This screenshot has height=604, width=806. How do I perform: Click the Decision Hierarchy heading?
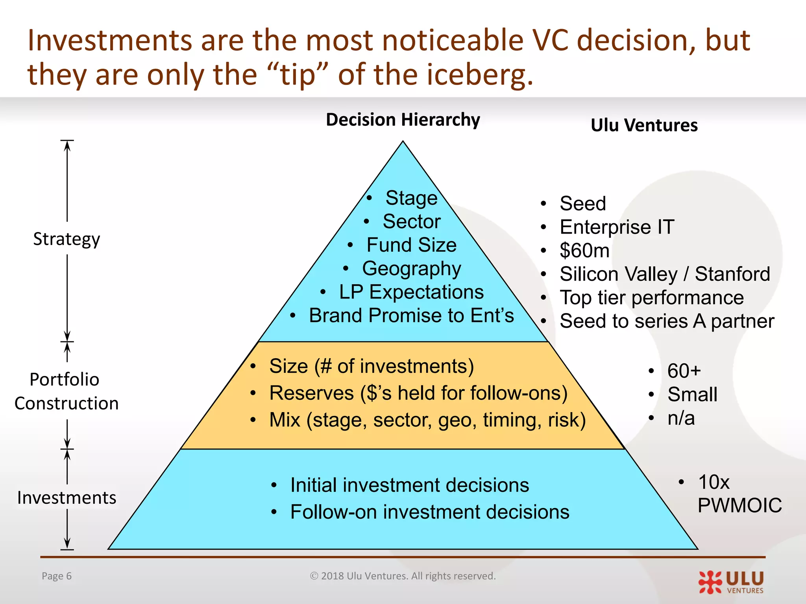point(403,120)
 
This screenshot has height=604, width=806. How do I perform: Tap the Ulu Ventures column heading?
point(644,125)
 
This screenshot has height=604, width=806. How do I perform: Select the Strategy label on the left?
point(67,239)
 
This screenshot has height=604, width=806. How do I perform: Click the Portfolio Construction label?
point(66,391)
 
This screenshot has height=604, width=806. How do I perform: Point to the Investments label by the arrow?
point(67,498)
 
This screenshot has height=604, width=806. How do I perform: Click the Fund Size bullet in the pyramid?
point(411,245)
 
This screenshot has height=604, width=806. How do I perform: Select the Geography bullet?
point(411,269)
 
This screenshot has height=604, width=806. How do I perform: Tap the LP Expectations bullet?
point(411,292)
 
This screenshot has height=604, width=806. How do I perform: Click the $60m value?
point(584,250)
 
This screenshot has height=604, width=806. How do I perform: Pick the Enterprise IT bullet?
point(617,227)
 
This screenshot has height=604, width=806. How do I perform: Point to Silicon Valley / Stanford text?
point(664,274)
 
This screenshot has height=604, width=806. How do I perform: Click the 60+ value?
point(684,371)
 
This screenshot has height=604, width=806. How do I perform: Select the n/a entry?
point(681,418)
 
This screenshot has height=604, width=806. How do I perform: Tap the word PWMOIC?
point(739,505)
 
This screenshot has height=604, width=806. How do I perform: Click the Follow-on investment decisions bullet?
point(429,512)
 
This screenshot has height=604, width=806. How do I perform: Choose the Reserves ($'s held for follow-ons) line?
point(418,393)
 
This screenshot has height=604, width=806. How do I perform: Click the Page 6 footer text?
point(57,576)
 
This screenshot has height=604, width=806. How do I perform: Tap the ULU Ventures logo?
point(731,582)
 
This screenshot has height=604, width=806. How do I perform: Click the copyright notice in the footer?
point(403,576)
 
